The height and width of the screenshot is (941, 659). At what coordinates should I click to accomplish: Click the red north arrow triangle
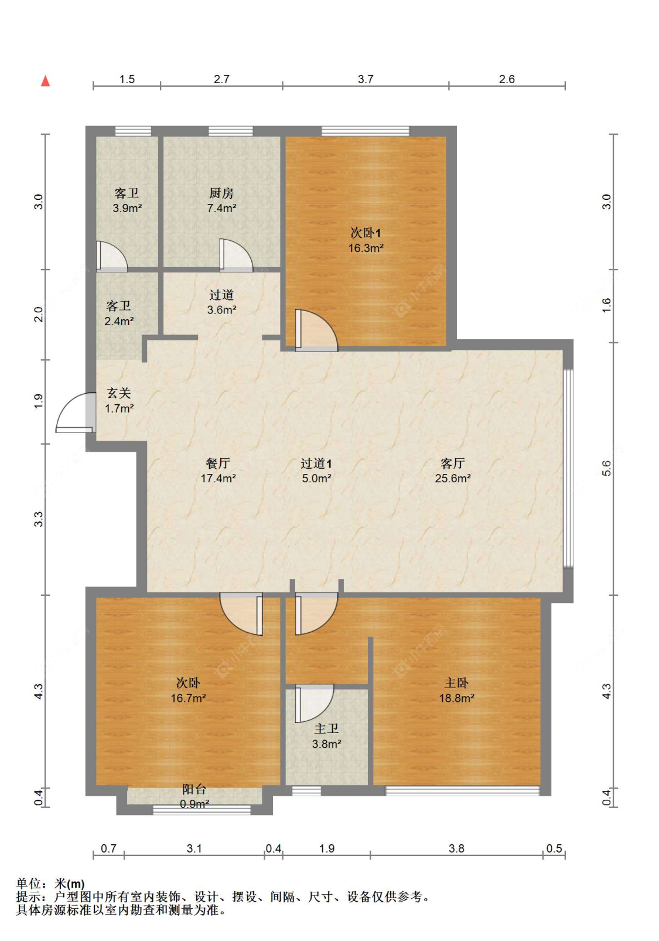tap(45, 81)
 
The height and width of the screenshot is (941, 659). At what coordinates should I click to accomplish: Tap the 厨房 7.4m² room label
tap(221, 200)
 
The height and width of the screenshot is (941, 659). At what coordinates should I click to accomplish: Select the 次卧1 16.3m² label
tap(366, 240)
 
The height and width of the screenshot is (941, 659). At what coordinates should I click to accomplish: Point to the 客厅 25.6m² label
tap(452, 470)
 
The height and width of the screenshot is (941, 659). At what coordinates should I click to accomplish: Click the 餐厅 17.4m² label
tap(218, 470)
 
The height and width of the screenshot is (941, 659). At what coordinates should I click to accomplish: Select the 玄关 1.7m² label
tap(119, 400)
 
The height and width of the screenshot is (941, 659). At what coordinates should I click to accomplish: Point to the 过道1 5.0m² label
tap(317, 470)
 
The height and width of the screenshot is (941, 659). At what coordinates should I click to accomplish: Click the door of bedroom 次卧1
tap(316, 330)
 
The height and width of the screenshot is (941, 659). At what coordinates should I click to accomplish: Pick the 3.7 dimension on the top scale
tap(366, 79)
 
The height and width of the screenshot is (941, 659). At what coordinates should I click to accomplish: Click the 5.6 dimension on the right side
tap(606, 468)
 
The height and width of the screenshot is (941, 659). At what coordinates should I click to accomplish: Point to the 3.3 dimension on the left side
tap(38, 519)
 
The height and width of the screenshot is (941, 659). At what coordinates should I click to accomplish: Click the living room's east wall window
tap(568, 468)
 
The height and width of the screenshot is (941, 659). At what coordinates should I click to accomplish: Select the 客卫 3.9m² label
tap(127, 200)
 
